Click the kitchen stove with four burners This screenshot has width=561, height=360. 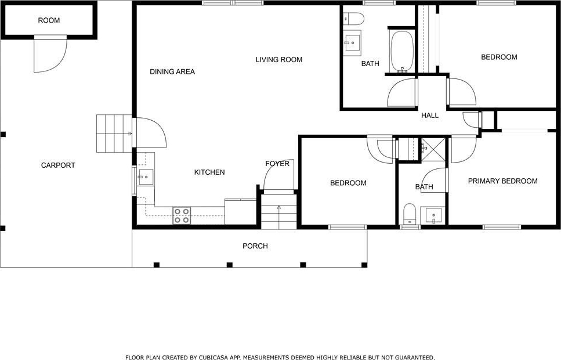pos(182,216)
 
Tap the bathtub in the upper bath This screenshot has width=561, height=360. pos(402,52)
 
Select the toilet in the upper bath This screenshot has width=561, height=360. pos(353,18)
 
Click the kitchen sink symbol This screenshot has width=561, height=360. pos(146,177)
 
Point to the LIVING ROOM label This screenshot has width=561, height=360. pos(278,59)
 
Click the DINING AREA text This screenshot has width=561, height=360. pos(172,71)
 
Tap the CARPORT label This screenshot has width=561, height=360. pos(58,165)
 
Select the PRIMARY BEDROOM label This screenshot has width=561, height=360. pos(502,181)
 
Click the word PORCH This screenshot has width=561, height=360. pos(255,246)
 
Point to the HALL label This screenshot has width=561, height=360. pos(430,116)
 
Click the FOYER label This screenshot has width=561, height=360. pos(277,164)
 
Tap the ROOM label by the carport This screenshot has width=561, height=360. pos(49,20)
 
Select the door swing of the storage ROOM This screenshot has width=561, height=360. pos(50,55)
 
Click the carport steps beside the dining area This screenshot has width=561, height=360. pos(114,134)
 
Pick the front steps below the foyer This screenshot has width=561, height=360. pos(278,211)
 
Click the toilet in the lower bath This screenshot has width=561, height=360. pos(410,214)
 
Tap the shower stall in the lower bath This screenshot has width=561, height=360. pos(433,149)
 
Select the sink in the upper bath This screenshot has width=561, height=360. pos(352,43)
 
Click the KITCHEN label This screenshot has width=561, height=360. pos(209,172)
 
